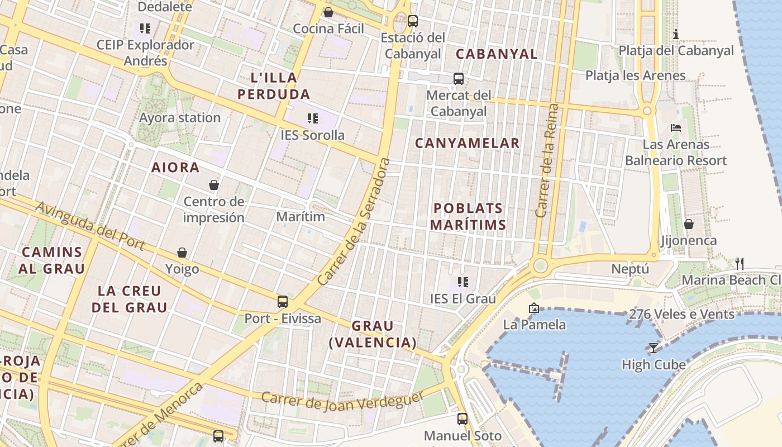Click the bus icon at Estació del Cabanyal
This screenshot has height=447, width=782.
tap(413, 21)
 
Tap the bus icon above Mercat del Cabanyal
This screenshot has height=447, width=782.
tap(459, 79)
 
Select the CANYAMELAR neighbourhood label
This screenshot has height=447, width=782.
tap(467, 143)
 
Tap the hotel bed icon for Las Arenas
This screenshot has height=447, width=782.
tap(676, 128)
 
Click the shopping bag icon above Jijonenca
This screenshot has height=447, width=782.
tap(689, 224)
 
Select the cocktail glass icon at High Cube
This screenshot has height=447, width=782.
tap(653, 348)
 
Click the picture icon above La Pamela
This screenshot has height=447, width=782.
tap(533, 308)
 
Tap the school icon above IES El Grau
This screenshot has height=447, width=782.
tap(462, 282)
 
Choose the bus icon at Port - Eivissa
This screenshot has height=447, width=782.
tap(283, 302)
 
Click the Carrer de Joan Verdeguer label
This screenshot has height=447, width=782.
tap(343, 402)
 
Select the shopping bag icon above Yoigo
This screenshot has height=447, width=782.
tap(182, 253)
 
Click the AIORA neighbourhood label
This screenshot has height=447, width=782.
tap(175, 167)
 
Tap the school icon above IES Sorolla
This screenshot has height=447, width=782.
tap(313, 118)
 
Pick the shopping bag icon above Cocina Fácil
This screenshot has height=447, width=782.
tap(328, 12)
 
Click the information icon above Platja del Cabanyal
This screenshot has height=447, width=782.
tap(676, 34)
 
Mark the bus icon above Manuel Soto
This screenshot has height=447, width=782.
tap(462, 419)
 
